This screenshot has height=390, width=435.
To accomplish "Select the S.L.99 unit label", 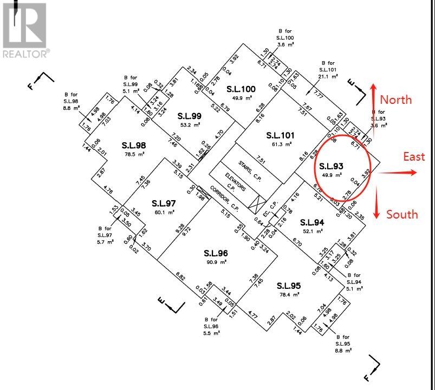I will (190, 116).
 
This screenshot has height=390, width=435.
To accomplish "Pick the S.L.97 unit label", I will (164, 203).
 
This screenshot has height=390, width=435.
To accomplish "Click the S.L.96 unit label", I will (216, 253).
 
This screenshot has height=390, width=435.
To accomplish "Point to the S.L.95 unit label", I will (289, 286).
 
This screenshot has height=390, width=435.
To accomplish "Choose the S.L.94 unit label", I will (312, 222).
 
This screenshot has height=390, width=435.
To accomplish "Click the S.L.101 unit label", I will (280, 135).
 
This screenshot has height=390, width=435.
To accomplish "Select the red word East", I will (414, 156).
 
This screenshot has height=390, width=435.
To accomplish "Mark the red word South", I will (402, 214).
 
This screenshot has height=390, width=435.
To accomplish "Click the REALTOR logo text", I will (25, 53).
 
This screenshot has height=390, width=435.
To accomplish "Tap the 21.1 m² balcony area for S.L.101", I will (328, 76).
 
